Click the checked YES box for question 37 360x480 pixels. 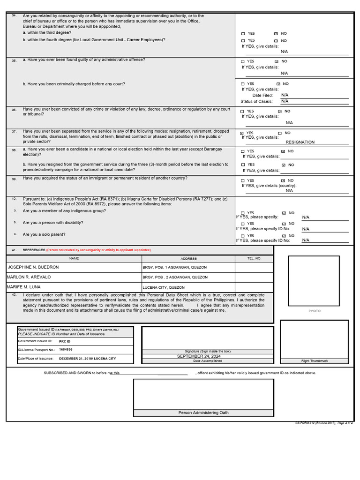coord(242,133)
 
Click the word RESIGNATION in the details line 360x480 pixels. coord(300,142)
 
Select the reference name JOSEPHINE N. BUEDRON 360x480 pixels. coord(34,267)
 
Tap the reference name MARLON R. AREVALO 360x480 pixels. coord(29,277)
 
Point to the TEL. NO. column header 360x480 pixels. coord(254,258)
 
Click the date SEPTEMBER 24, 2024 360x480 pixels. coord(198,356)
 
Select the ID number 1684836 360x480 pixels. coord(66,350)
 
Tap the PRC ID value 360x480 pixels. coord(65,341)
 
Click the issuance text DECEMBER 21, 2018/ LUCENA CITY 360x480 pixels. coord(87,358)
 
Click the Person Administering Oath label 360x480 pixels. coord(203,412)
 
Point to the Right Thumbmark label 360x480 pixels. coord(314,361)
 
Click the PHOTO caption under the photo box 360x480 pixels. coord(315,311)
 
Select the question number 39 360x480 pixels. coord(14,179)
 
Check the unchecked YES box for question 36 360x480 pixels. coord(242,112)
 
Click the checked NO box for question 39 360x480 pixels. coord(283,180)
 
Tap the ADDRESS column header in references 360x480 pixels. coord(188,258)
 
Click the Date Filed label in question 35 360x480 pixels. coord(262,95)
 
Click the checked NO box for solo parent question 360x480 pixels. coord(284,236)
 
